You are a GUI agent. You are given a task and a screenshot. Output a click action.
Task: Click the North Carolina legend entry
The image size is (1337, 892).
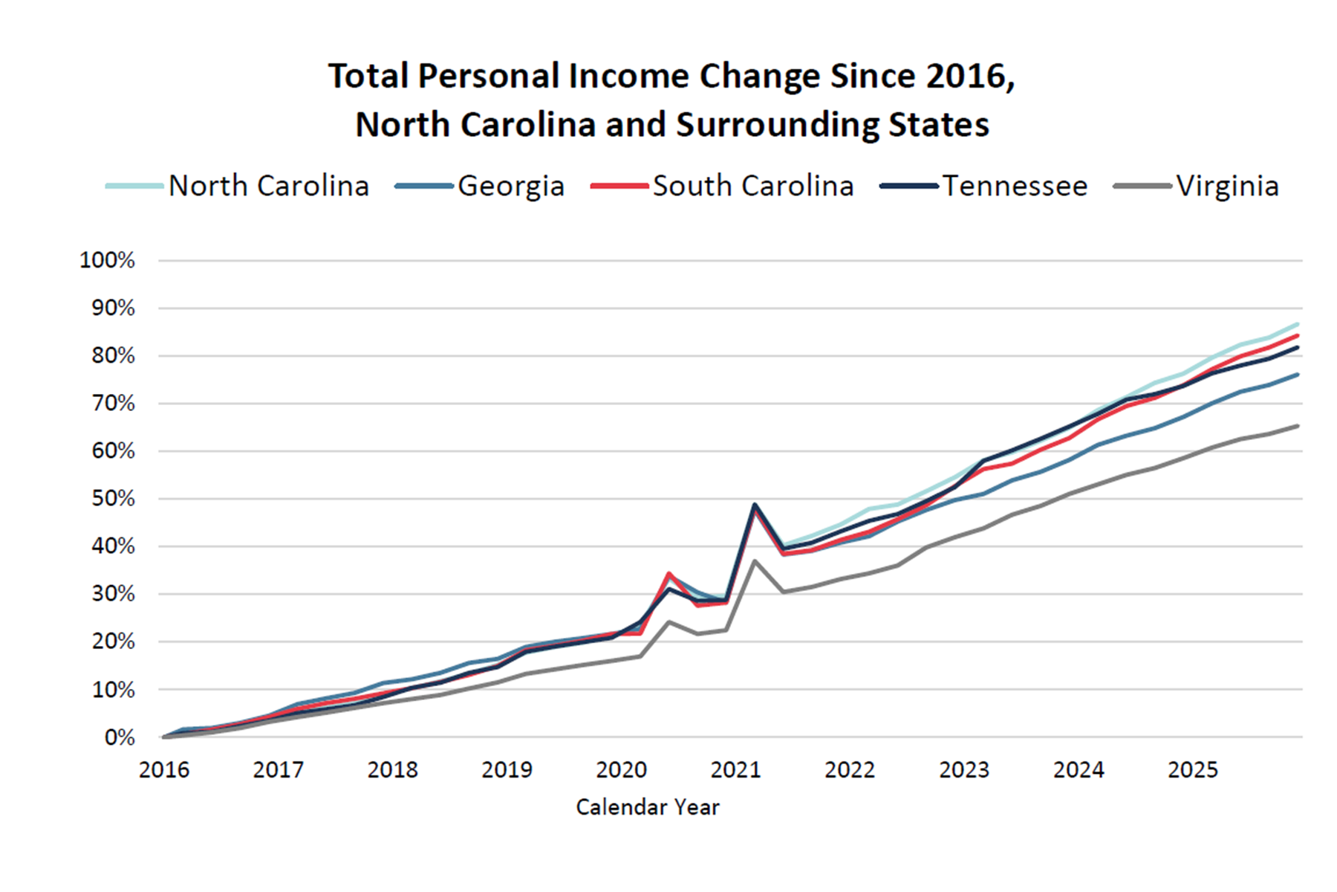point(238,186)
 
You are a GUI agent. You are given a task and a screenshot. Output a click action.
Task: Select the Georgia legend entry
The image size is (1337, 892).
point(480,186)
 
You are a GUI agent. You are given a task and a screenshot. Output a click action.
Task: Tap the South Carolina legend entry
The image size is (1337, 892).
point(723,186)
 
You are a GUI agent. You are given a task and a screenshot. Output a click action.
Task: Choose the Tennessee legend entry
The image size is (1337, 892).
point(983,186)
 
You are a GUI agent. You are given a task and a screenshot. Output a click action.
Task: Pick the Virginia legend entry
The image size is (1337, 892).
point(1197,186)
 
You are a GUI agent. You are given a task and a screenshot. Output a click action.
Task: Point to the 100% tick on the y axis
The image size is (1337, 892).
point(108,260)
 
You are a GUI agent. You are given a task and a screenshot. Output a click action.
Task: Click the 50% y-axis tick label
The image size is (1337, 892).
point(114,499)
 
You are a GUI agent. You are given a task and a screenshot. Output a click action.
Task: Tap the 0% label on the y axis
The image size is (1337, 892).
point(120,737)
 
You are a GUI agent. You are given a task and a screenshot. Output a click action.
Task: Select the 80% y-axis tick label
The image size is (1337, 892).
point(114,355)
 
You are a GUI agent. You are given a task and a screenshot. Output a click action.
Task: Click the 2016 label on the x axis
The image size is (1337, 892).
point(164,769)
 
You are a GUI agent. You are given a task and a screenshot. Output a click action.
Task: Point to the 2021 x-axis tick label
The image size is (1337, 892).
point(735,769)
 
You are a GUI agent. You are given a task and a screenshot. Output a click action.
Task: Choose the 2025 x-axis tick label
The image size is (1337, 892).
point(1193,769)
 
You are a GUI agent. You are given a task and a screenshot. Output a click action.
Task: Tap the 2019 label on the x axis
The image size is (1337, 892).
point(507,769)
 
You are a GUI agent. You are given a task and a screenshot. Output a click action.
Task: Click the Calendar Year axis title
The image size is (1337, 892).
point(648,807)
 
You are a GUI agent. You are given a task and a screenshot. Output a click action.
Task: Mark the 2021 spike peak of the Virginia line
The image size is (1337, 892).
point(755,560)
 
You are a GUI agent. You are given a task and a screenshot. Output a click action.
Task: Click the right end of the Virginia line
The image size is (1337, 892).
point(1298,426)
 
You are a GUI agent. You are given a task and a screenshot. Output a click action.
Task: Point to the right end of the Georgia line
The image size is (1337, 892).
point(1298,375)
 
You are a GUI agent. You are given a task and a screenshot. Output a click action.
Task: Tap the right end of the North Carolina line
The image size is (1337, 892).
point(1298,324)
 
